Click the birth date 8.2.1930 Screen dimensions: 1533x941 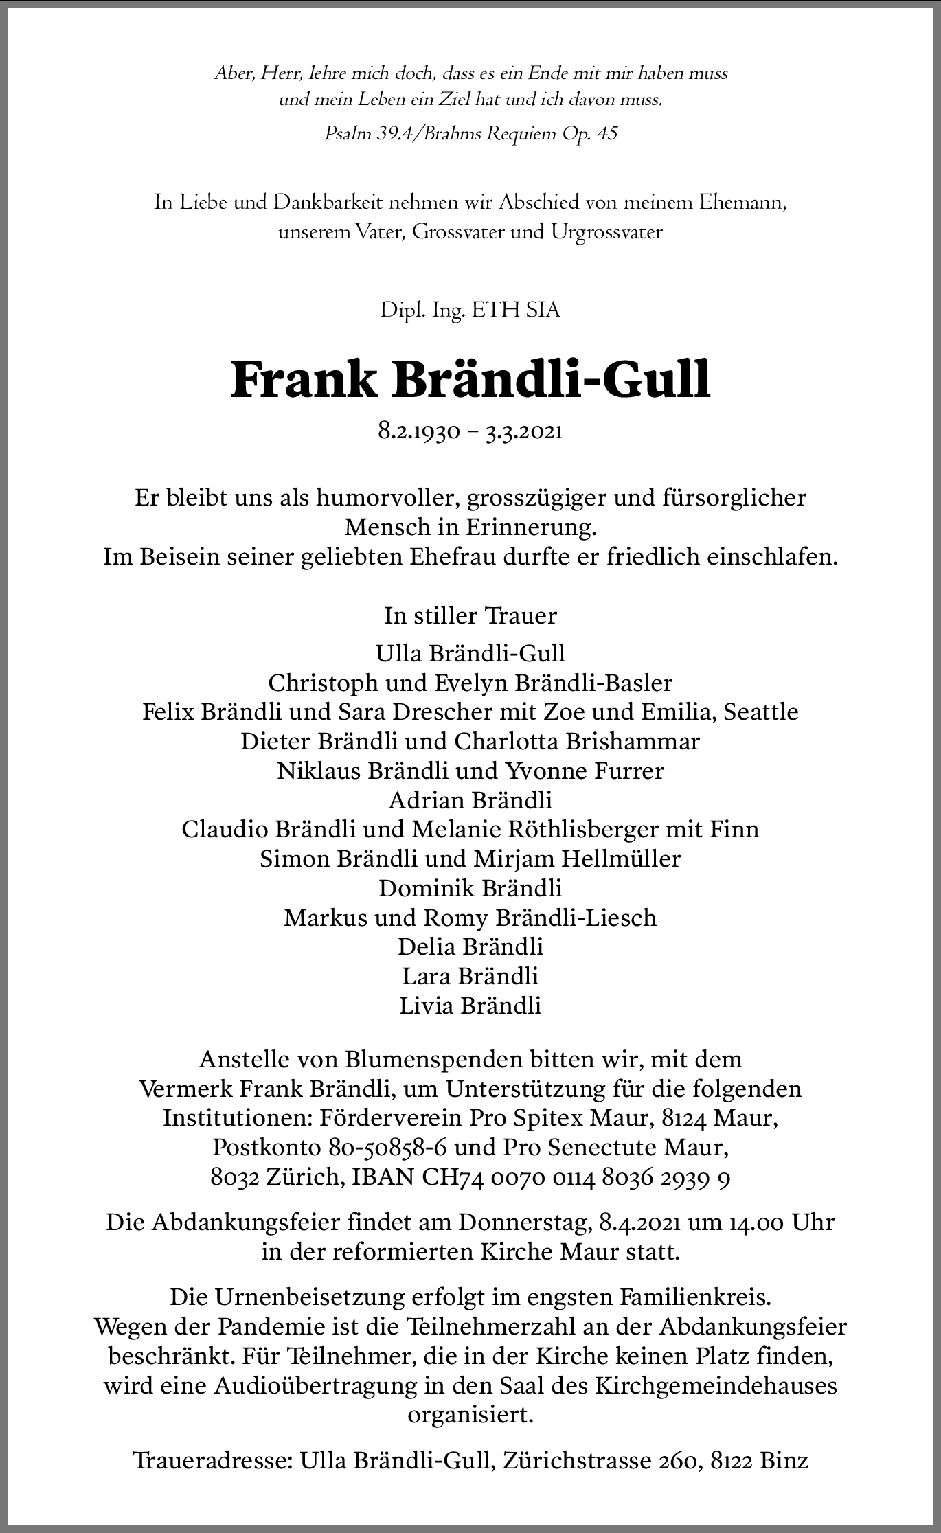(x=418, y=432)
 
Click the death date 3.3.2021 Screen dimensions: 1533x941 (x=523, y=432)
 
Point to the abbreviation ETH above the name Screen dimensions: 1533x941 (x=503, y=310)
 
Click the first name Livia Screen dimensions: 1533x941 (x=427, y=1006)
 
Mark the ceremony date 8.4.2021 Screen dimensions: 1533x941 (x=639, y=1223)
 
